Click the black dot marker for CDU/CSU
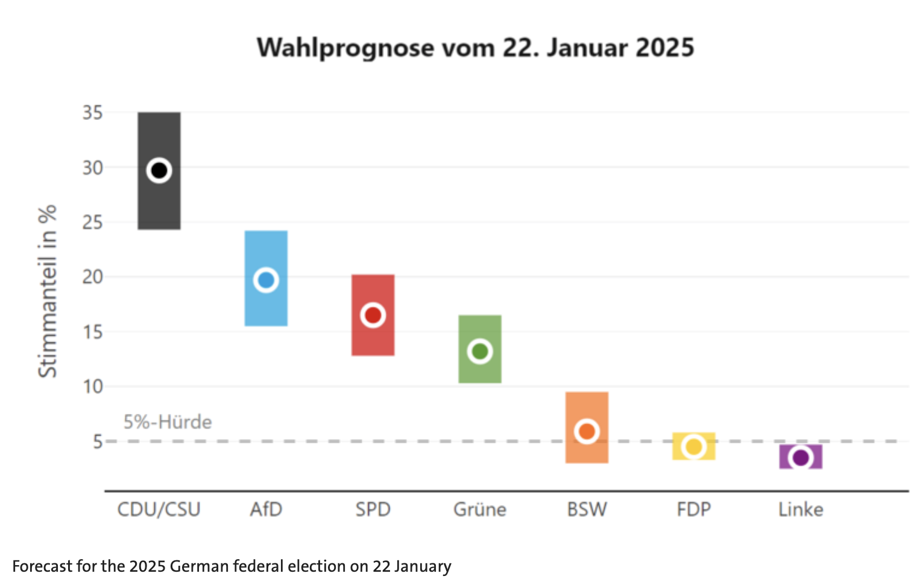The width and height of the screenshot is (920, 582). tap(159, 171)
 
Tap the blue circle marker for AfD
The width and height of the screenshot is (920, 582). tap(266, 280)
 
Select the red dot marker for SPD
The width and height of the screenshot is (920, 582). tap(373, 315)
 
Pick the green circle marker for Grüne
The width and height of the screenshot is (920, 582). tap(480, 351)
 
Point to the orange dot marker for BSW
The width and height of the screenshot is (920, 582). tap(587, 431)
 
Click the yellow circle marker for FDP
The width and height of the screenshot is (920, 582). tap(694, 447)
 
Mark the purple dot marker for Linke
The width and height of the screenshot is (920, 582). tap(801, 458)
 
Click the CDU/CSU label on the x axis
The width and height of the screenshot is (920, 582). tap(159, 510)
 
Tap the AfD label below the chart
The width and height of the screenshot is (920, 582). tap(266, 510)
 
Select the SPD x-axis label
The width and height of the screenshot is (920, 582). tap(373, 510)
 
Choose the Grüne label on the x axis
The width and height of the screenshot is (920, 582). tap(480, 510)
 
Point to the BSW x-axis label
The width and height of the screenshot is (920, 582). tap(587, 510)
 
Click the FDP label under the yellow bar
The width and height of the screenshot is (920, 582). tap(694, 510)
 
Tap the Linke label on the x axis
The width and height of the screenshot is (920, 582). tap(801, 510)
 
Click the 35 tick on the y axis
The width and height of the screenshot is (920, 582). tap(93, 113)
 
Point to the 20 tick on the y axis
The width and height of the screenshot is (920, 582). tap(93, 277)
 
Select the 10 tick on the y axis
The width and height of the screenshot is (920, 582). tap(93, 386)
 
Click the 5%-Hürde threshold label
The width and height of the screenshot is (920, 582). tap(168, 422)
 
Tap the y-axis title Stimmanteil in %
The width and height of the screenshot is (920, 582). tap(47, 291)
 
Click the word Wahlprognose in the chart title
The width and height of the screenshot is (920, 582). tap(345, 48)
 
